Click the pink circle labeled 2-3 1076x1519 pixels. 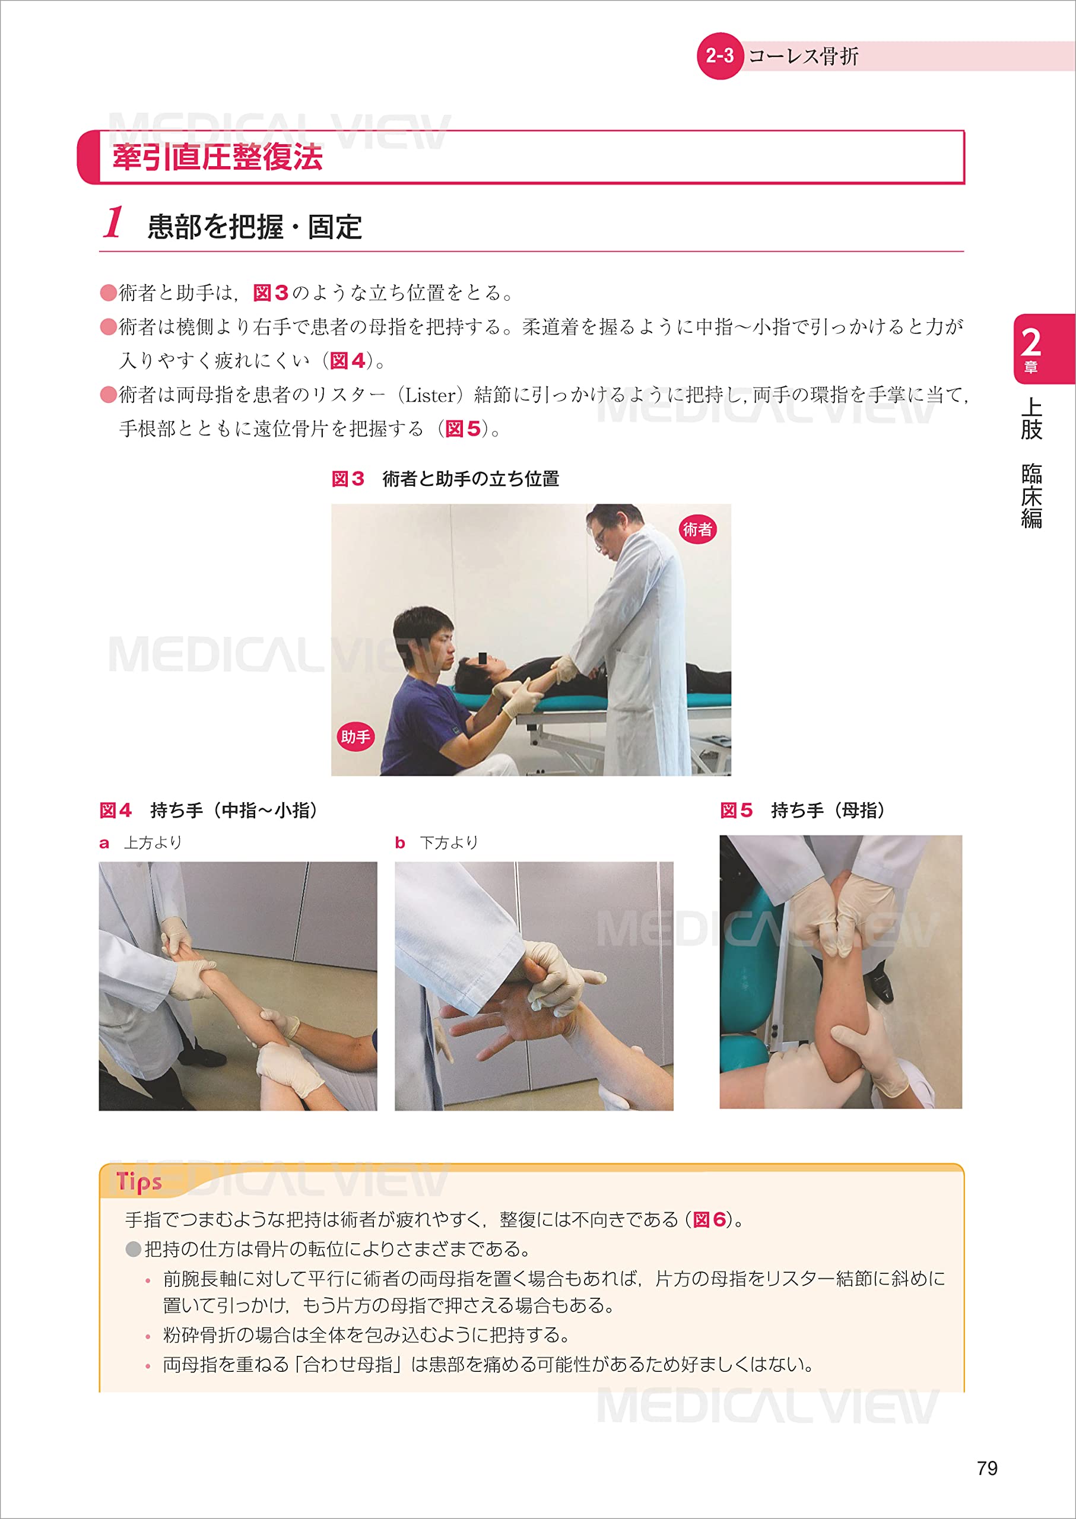point(719,56)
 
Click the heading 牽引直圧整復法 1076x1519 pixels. point(217,158)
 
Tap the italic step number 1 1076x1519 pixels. point(113,223)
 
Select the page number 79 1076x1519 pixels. point(986,1469)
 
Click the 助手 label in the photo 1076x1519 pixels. point(355,736)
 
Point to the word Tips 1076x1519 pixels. point(138,1182)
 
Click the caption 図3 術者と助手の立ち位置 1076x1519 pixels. point(445,478)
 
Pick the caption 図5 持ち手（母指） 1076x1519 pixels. point(802,810)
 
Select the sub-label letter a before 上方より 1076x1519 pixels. point(104,843)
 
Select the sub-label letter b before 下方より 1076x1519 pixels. point(399,843)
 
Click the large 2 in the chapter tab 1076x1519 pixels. point(1030,343)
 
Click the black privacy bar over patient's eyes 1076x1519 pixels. point(483,659)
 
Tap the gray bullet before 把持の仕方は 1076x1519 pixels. point(133,1250)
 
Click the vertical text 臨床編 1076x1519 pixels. point(1031,496)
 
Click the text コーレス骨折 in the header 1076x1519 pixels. point(802,56)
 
